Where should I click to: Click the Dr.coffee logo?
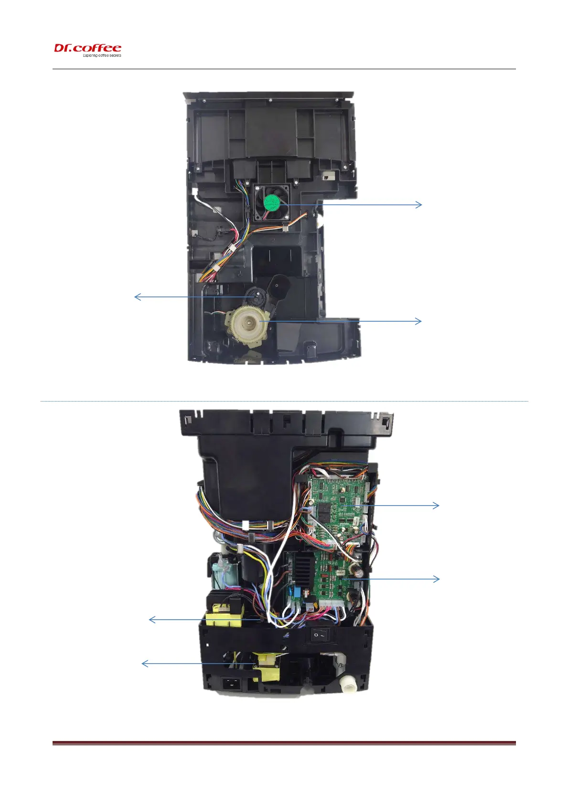coord(87,48)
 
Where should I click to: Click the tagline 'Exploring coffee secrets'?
coord(102,55)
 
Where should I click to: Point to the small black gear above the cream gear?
coord(258,297)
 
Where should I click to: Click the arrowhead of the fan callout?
coord(420,205)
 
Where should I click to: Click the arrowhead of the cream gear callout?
coord(420,321)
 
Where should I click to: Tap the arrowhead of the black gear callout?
coord(137,297)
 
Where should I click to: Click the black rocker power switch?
coord(321,635)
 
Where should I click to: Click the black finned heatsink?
coord(300,567)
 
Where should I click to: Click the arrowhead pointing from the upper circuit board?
coord(437,505)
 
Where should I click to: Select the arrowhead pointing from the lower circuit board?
coord(437,579)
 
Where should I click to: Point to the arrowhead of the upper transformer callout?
coord(151,620)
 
